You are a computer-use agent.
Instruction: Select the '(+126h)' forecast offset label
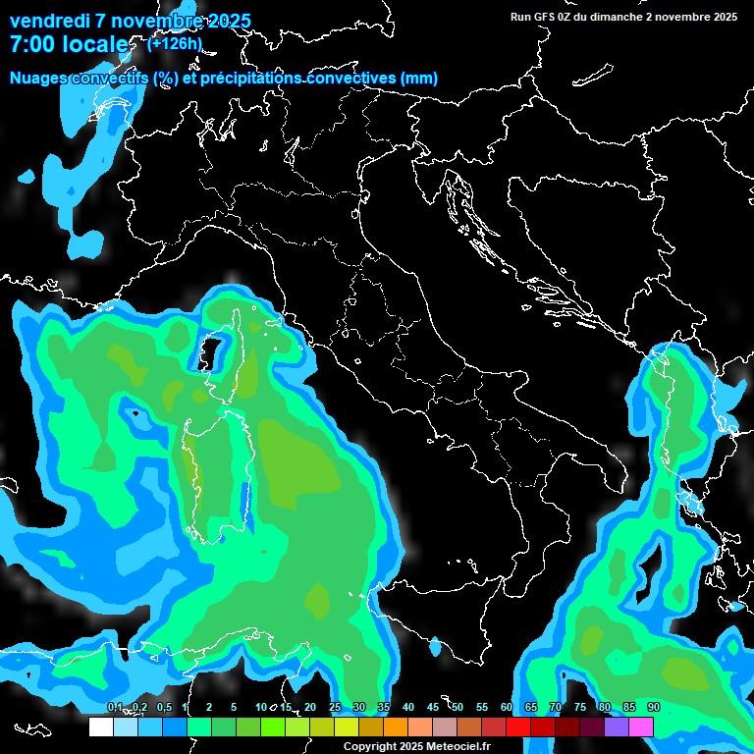point(174,43)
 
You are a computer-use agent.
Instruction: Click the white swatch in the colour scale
point(101,727)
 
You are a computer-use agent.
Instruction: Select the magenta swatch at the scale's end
point(641,727)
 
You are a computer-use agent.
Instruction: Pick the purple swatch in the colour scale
point(617,727)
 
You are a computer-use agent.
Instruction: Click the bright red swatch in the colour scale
point(518,727)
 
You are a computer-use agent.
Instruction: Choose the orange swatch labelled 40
point(396,727)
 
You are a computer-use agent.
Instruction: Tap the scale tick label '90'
point(653,708)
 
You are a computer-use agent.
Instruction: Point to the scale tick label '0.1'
point(114,708)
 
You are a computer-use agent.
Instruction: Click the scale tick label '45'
point(433,708)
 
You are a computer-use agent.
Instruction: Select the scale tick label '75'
point(579,708)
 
